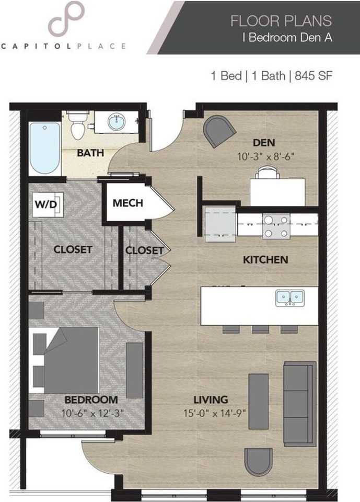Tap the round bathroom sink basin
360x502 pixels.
tap(117, 122)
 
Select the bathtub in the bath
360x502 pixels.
tap(44, 148)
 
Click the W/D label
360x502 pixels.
tap(46, 204)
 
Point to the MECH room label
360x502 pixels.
tap(127, 203)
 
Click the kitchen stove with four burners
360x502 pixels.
tap(276, 226)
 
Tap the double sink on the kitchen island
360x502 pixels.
tap(290, 298)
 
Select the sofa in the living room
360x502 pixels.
tap(300, 404)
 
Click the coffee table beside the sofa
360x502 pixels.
tap(259, 401)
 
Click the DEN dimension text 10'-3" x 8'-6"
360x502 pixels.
tap(265, 156)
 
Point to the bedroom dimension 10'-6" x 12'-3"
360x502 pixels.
tap(92, 413)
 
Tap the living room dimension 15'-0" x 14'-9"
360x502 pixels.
tap(214, 413)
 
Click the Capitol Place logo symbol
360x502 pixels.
tap(66, 18)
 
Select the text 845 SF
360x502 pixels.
tap(313, 76)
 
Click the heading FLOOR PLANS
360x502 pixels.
tap(281, 21)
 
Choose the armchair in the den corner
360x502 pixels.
tap(220, 131)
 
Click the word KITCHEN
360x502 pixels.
tap(265, 260)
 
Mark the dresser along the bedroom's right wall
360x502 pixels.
tap(135, 370)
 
